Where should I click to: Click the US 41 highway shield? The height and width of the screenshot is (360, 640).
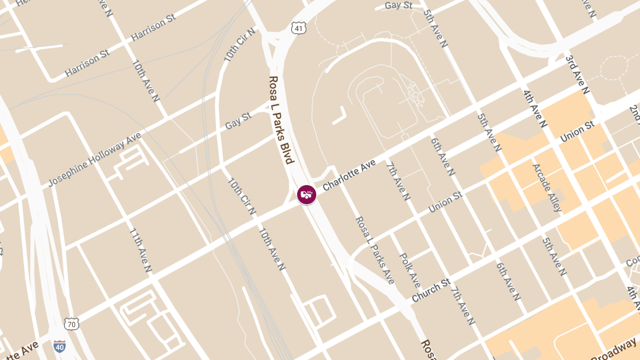click(299, 28)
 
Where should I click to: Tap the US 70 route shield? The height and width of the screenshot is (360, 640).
click(71, 323)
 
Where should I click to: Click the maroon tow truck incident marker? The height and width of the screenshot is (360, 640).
click(307, 194)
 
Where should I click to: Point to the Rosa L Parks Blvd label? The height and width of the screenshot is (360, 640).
click(281, 120)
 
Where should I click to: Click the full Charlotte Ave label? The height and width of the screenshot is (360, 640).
click(349, 174)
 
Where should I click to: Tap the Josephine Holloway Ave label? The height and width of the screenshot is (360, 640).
click(94, 159)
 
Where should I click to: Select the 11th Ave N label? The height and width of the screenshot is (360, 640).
click(141, 251)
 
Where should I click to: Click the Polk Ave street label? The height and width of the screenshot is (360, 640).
click(410, 270)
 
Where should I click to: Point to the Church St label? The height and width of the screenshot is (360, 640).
click(431, 290)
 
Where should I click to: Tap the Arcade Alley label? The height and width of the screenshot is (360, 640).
click(547, 187)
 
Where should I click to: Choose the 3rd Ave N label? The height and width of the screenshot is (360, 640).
click(578, 74)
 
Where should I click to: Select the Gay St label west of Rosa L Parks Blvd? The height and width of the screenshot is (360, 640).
click(238, 120)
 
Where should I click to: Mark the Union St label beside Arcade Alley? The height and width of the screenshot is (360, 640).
click(577, 131)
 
